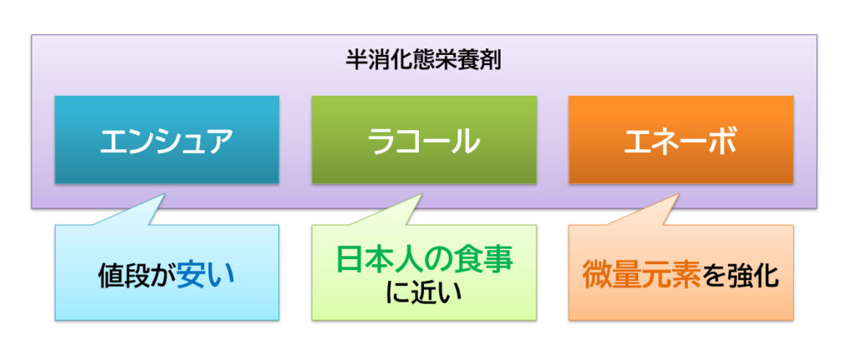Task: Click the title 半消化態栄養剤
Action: point(423,61)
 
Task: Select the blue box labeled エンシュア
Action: point(167,140)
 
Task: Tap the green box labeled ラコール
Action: point(424,140)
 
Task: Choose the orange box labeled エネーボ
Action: point(681,140)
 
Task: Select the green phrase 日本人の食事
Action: point(424,260)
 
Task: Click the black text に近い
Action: point(424,292)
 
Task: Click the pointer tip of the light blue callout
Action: point(165,192)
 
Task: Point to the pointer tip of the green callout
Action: point(422,192)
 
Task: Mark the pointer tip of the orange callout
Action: point(678,192)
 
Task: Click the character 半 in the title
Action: point(357,61)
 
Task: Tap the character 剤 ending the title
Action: point(490,61)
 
